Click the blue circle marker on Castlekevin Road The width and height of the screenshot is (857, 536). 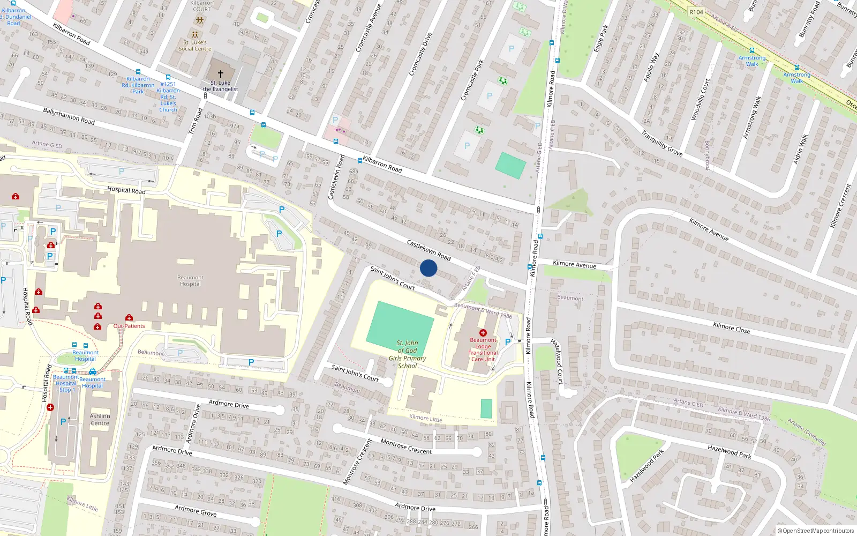(428, 268)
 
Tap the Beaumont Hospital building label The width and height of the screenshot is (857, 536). (190, 281)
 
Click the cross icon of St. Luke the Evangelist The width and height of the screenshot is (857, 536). (220, 74)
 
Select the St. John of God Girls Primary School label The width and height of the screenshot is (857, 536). (407, 354)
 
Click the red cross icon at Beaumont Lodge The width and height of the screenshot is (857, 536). (483, 333)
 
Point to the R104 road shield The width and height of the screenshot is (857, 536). (696, 12)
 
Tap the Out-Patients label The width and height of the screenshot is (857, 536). (129, 326)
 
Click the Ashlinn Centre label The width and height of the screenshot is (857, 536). (100, 420)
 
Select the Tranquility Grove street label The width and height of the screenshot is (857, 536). (661, 144)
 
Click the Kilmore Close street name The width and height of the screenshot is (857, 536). (731, 327)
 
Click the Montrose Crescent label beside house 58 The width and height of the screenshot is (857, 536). (406, 447)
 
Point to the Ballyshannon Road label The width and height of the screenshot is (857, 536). (69, 116)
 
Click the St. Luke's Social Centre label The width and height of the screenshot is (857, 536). (195, 46)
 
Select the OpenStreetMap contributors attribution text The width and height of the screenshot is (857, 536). (816, 531)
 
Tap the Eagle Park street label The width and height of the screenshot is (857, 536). (601, 39)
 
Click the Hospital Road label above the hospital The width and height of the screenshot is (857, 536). (126, 190)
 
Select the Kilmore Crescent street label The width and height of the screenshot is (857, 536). (840, 206)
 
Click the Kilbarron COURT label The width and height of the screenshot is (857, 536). (201, 6)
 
